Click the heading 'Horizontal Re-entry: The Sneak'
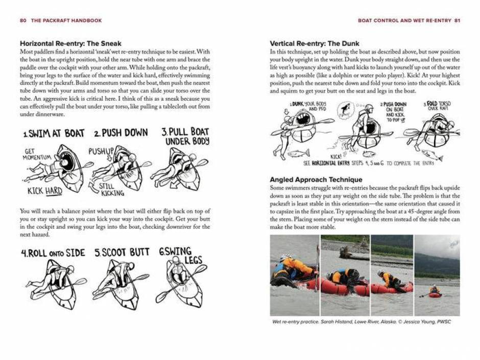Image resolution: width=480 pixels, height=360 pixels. (x=70, y=43)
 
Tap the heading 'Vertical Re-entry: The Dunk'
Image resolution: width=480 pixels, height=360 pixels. (x=314, y=43)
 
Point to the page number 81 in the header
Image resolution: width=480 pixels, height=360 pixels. (x=457, y=20)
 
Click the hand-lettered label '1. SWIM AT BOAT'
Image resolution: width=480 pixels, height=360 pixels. (x=54, y=134)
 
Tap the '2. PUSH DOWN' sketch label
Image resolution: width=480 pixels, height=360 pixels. (x=121, y=133)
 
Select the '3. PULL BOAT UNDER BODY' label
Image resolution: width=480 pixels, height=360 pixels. (x=185, y=136)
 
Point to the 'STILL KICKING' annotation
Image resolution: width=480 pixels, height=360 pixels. (x=111, y=189)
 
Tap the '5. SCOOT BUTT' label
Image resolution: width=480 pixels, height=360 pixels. (x=122, y=253)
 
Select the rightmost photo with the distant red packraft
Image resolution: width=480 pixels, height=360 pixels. (x=437, y=275)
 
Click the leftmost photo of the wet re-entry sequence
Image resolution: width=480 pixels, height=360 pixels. (x=294, y=275)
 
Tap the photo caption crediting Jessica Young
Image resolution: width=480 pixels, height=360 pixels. (x=362, y=322)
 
